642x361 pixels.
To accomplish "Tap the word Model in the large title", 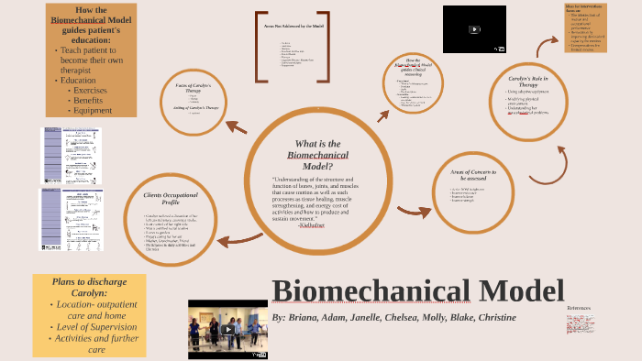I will [515, 290].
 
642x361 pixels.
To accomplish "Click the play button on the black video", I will [474, 29].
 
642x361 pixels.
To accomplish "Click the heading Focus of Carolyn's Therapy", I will [198, 89].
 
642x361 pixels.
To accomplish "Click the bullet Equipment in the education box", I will [93, 111].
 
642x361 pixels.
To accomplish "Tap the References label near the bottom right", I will [579, 308].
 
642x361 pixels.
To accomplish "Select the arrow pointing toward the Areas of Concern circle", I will [415, 212].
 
